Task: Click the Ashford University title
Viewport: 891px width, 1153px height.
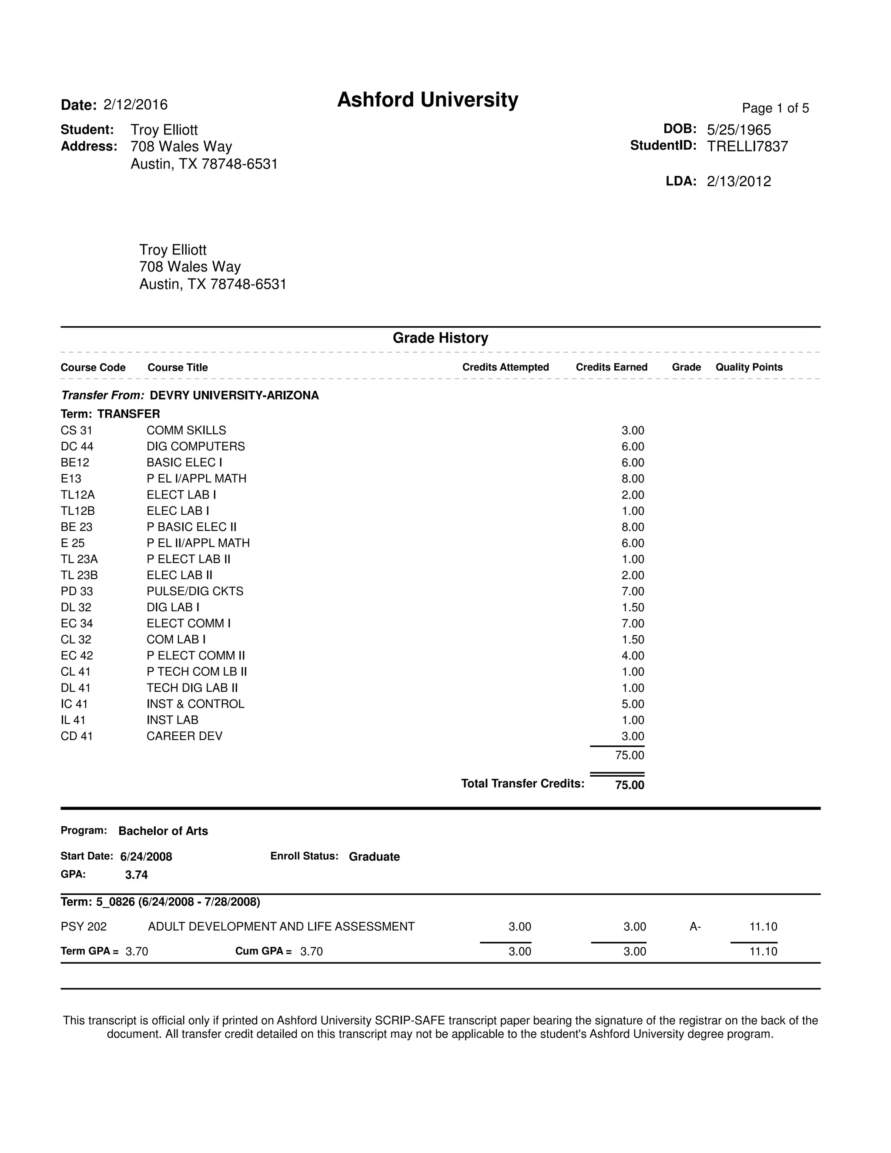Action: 428,100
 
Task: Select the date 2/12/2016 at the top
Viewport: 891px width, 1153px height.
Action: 135,104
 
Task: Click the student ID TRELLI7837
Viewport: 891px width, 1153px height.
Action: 747,147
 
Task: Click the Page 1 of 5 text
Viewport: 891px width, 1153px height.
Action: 775,108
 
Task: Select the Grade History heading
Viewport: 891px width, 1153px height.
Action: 440,338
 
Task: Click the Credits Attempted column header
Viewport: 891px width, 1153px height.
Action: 505,368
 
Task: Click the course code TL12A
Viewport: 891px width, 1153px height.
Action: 77,495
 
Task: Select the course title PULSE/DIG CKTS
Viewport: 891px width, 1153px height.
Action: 195,591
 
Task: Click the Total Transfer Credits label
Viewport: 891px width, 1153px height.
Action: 523,784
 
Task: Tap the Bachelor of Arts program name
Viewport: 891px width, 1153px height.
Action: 163,831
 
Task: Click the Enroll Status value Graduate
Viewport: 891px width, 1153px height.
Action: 374,857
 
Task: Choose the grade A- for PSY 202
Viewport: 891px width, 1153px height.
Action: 695,926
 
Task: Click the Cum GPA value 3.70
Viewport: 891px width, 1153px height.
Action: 311,951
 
